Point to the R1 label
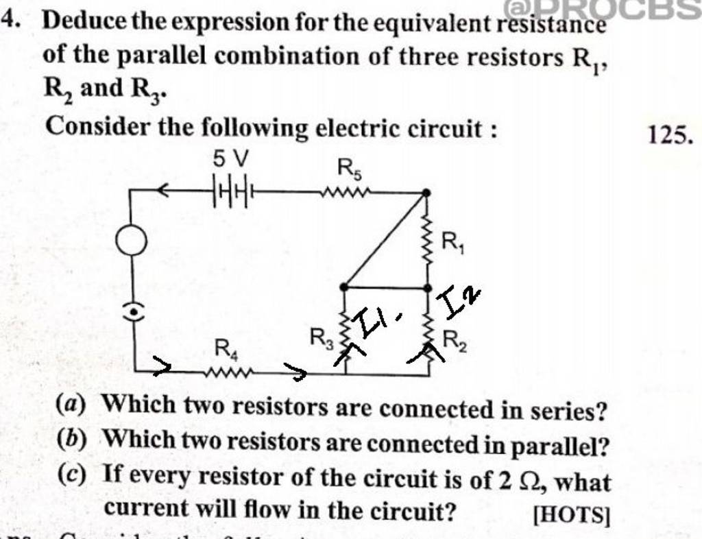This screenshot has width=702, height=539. click(x=452, y=241)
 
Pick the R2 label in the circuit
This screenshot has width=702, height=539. click(x=454, y=338)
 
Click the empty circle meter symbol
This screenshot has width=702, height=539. click(x=131, y=241)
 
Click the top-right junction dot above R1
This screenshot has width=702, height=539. click(x=426, y=193)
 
